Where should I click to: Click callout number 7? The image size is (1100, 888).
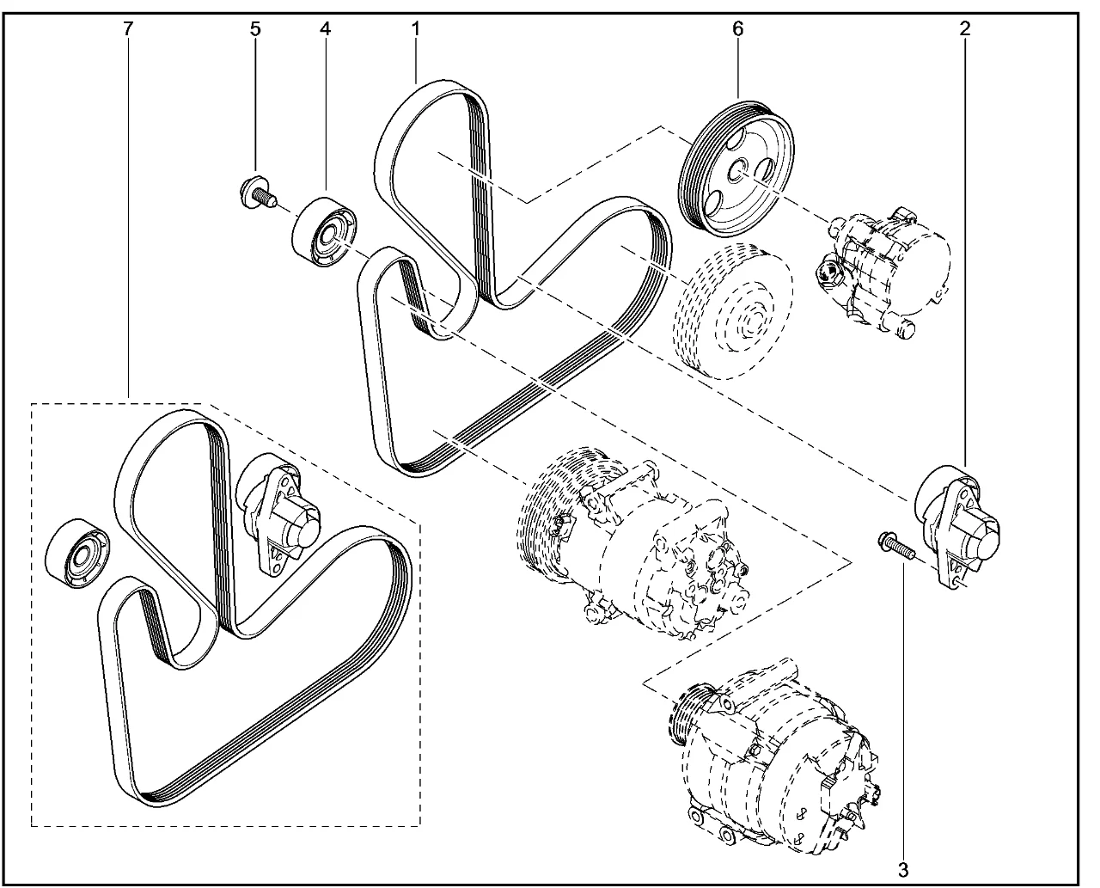128,28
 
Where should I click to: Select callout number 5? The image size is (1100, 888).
254,28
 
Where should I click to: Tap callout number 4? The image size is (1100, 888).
325,28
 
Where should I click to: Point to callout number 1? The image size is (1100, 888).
415,28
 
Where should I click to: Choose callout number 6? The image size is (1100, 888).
737,28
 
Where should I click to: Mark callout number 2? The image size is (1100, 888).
965,28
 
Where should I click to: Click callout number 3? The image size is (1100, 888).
902,868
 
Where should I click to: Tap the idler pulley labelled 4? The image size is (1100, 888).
324,233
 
